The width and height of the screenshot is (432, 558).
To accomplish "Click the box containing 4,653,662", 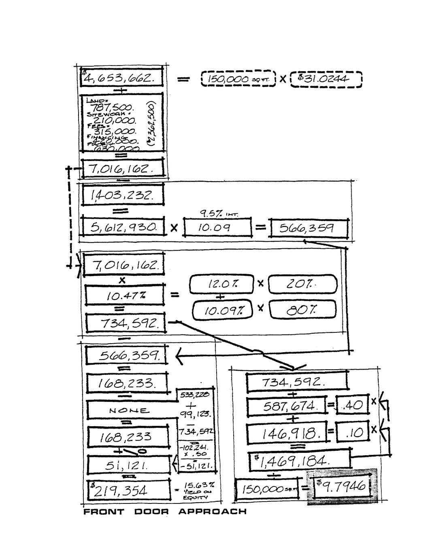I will (x=122, y=78).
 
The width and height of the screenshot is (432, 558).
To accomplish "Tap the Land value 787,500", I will (x=112, y=108).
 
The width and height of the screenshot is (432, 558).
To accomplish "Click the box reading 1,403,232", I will (x=123, y=196).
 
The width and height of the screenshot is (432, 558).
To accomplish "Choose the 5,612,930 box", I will (x=123, y=228).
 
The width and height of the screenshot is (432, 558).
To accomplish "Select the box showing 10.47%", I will (x=125, y=296).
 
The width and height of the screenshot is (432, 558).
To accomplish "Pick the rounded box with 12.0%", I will (x=221, y=284).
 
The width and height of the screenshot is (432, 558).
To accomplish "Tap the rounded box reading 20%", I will (x=302, y=284).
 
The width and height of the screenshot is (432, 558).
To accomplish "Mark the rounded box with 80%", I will (x=302, y=310).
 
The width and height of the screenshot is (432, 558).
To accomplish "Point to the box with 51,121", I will (x=129, y=466).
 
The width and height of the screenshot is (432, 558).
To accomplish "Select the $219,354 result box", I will (x=129, y=490).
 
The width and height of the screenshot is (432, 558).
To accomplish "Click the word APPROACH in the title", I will (x=212, y=512).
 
